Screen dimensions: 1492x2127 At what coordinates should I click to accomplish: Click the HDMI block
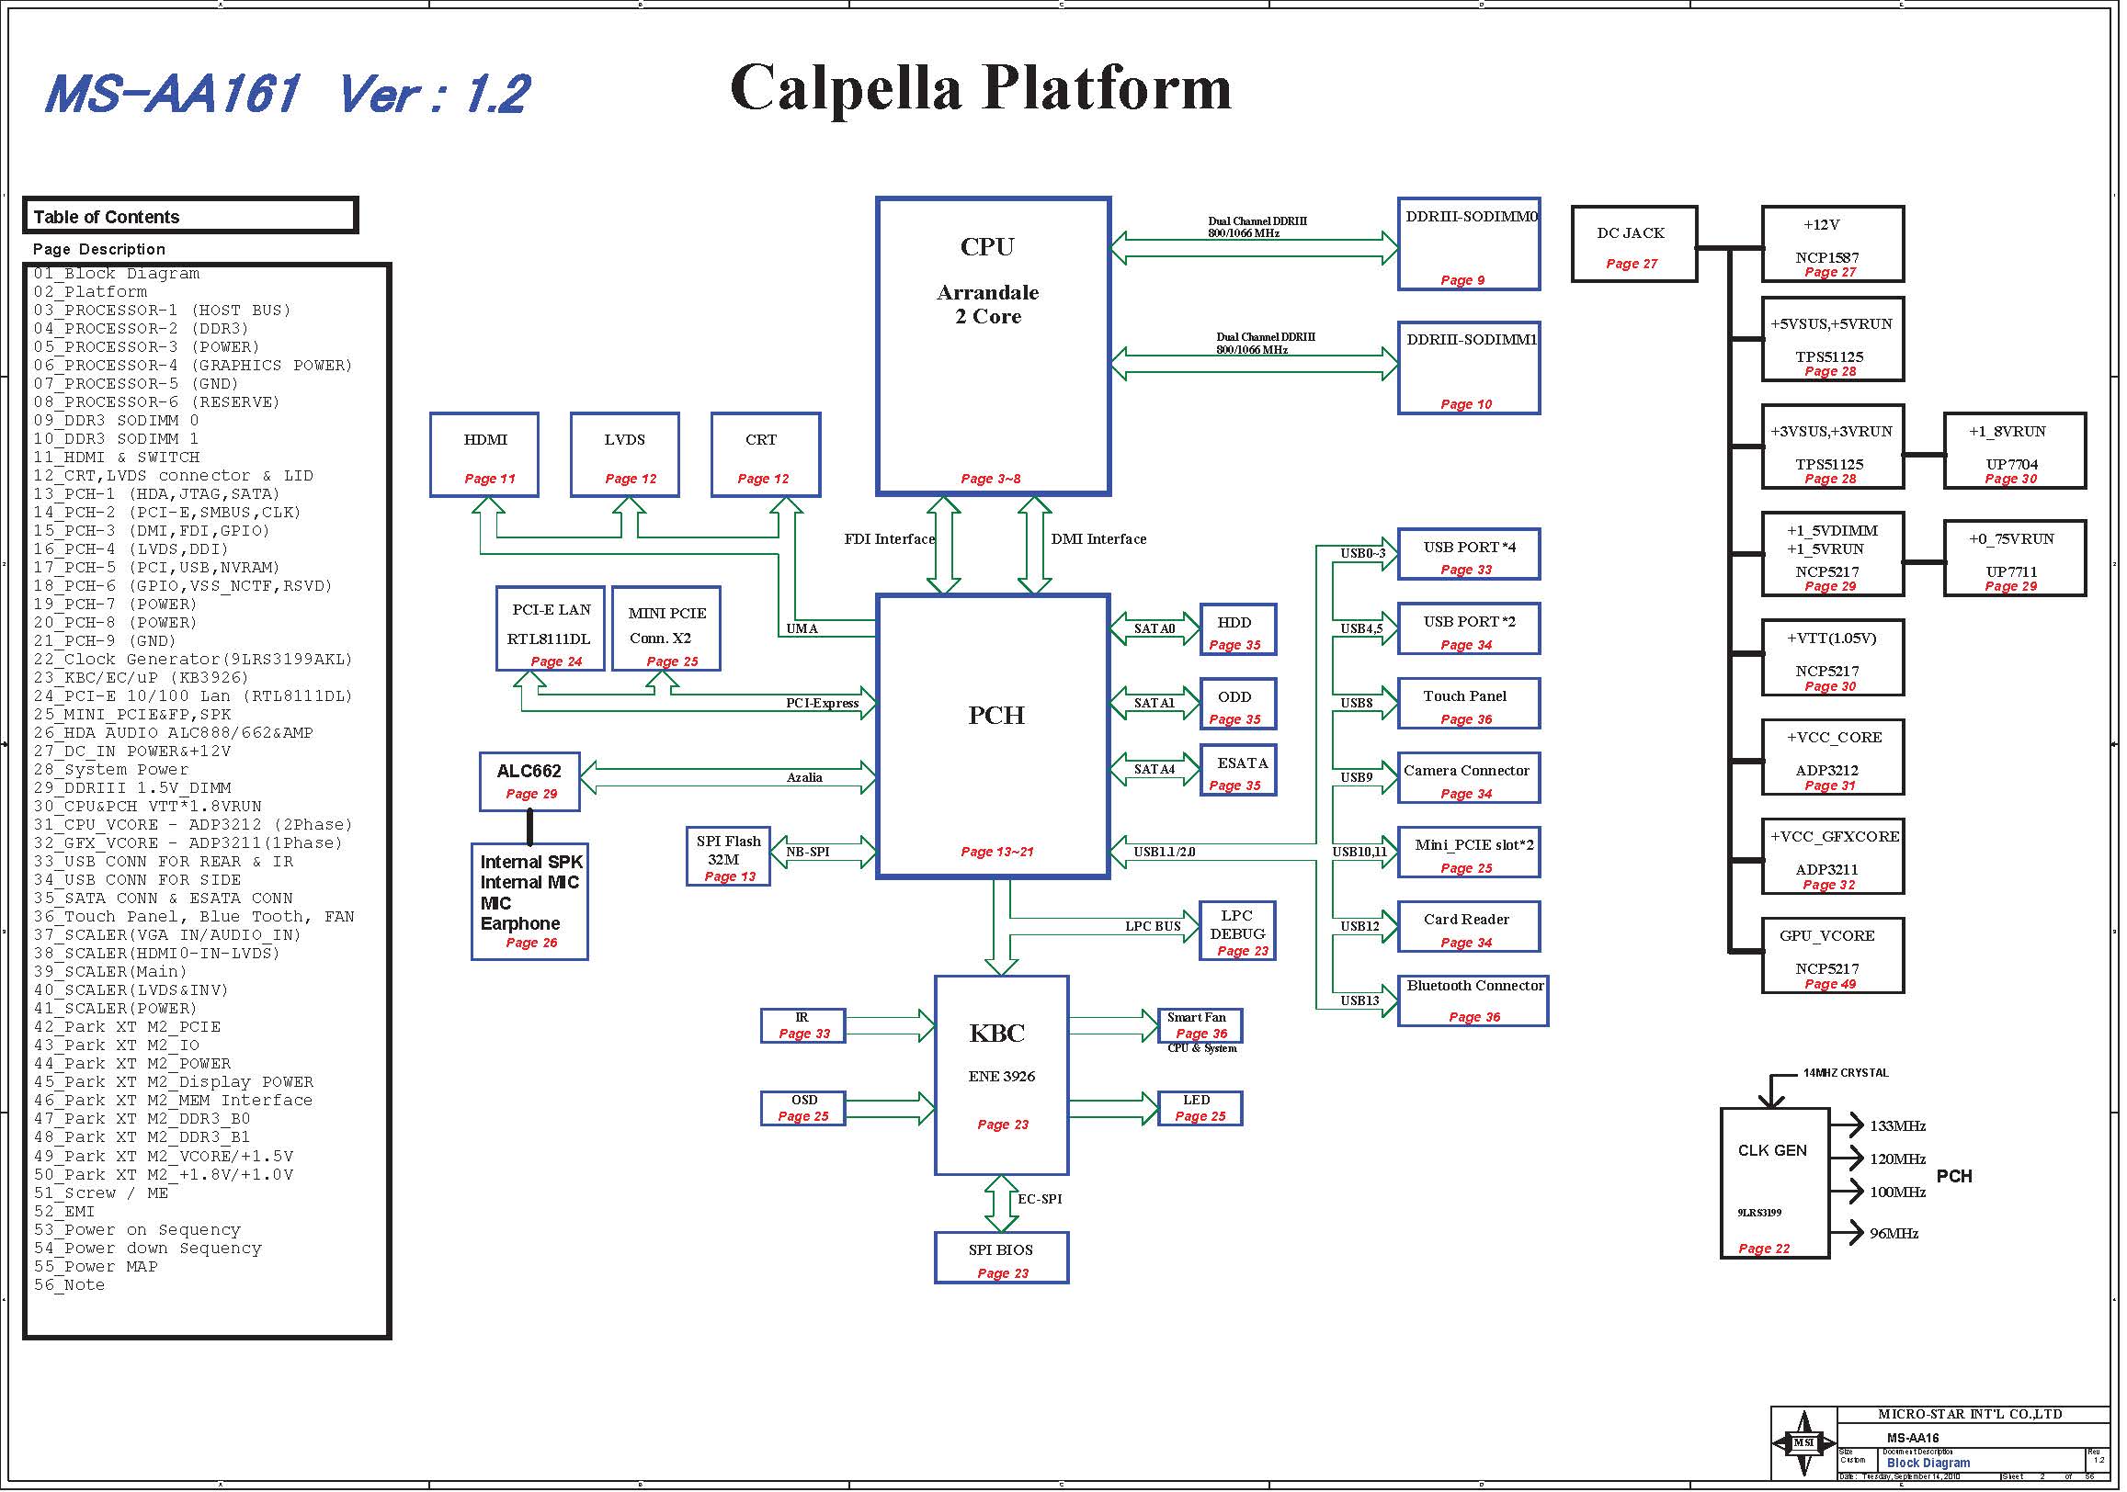coord(484,455)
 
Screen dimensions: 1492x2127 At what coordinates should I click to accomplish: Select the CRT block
coord(765,455)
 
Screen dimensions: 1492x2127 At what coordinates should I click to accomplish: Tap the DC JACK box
coord(1634,244)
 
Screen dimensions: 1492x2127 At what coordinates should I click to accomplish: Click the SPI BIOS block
coord(1001,1259)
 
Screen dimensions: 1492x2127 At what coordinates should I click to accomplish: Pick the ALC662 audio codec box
coord(529,782)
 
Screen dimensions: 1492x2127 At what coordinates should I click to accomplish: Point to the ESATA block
coord(1238,771)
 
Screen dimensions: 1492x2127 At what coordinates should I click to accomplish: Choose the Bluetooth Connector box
coord(1473,1001)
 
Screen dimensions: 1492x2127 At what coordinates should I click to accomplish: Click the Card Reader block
coord(1469,927)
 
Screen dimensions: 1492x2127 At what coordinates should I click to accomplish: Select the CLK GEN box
coord(1775,1183)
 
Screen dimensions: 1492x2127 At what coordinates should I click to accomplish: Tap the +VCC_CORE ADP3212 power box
coord(1833,758)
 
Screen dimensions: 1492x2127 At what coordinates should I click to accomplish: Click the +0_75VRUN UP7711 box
coord(2015,559)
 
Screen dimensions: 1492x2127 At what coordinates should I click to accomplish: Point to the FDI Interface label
coord(890,539)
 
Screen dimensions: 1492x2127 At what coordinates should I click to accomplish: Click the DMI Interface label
coord(1098,539)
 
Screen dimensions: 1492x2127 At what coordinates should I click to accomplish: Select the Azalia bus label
coord(804,778)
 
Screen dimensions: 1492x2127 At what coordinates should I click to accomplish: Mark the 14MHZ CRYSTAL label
coord(1846,1073)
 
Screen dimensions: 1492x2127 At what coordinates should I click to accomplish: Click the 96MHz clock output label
coord(1894,1234)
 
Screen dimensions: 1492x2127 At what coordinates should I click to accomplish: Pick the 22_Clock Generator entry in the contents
coord(193,660)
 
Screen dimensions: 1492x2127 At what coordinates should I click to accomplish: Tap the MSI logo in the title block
coord(1803,1443)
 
